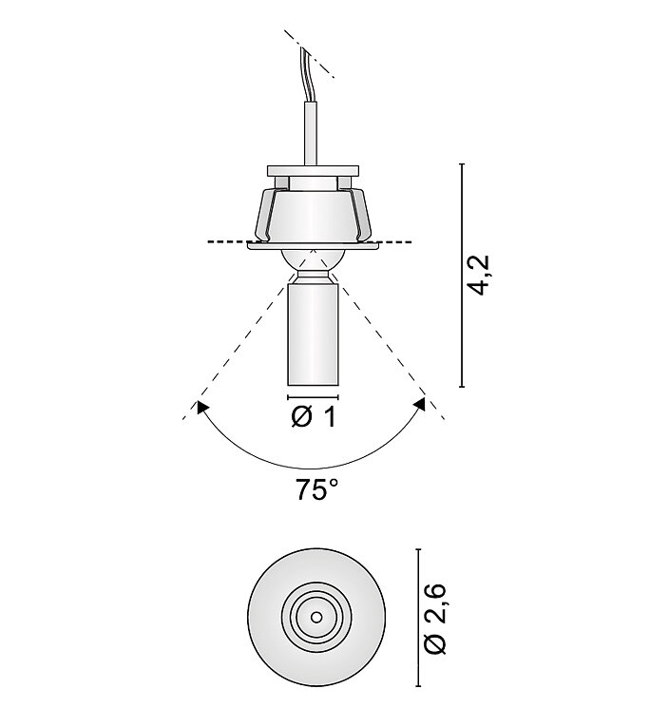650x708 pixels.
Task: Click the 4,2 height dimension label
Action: click(479, 275)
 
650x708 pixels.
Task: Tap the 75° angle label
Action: click(316, 489)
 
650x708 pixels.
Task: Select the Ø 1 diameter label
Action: click(314, 416)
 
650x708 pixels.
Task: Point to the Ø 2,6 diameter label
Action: click(435, 619)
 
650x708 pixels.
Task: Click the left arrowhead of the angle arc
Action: click(201, 407)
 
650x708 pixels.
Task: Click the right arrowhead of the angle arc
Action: click(420, 405)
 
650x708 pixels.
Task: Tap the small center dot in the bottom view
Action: click(316, 617)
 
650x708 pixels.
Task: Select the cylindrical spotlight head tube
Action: click(313, 335)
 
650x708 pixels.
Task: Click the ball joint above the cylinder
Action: click(314, 261)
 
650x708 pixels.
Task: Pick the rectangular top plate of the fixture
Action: click(314, 171)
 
